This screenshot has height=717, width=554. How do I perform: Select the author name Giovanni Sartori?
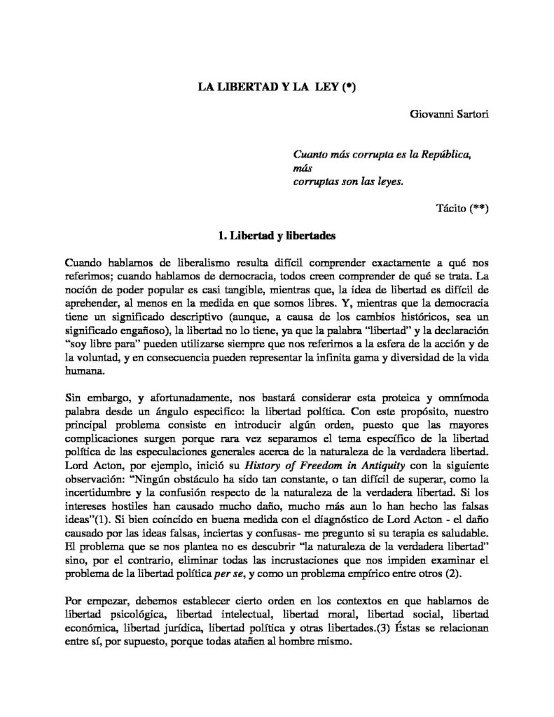point(448,113)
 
